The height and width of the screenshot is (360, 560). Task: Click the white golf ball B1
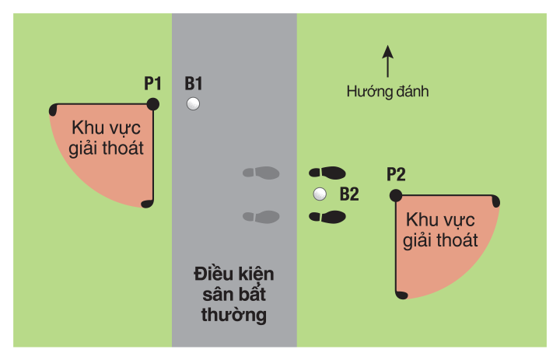(194, 103)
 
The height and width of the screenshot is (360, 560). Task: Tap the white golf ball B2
(319, 194)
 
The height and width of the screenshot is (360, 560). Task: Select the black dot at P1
(153, 103)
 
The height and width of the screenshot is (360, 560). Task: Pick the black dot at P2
(396, 194)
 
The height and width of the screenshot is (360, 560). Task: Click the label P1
(152, 82)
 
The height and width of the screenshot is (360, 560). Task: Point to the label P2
(396, 174)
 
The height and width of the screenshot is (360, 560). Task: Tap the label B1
(194, 82)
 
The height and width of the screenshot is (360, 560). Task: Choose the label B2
(348, 194)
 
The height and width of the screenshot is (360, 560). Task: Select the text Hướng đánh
(388, 91)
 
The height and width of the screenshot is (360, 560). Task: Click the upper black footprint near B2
(327, 172)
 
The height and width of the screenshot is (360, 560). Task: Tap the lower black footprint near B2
(327, 216)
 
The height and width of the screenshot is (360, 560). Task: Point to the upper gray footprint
(261, 172)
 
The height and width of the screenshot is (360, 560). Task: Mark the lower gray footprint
(261, 216)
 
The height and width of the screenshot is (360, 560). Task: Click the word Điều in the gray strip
(211, 274)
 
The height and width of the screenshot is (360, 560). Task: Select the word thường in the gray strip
(233, 315)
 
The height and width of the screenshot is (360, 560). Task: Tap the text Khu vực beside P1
(107, 127)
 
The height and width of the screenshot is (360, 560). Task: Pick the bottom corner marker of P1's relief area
(148, 204)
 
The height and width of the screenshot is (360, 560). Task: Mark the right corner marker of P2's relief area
(495, 201)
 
